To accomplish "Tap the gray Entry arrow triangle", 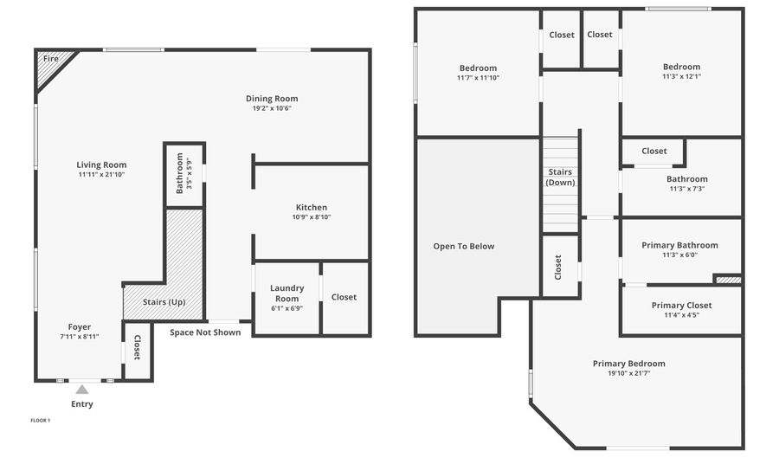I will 81,390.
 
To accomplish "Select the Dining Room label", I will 272,99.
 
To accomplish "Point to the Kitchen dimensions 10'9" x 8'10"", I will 312,217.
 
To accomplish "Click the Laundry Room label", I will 286,293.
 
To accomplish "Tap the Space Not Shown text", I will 205,332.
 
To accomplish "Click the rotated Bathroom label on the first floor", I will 180,173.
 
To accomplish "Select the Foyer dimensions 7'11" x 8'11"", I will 80,337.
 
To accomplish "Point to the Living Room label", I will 101,164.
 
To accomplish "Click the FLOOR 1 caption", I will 41,421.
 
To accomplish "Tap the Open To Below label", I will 464,247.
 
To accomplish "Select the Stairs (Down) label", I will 560,177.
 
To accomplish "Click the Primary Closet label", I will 681,306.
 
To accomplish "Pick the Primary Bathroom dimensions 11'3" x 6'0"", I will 679,255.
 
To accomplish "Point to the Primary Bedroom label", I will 629,364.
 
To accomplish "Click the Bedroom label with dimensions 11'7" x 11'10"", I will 478,68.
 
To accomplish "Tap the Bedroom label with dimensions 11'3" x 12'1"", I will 681,67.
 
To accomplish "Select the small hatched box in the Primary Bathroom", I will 728,280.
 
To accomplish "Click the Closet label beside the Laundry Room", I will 344,297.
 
